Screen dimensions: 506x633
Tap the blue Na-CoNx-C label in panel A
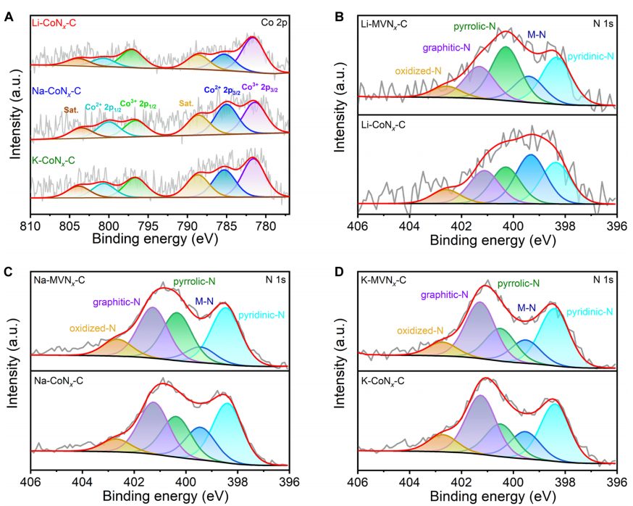tap(57, 91)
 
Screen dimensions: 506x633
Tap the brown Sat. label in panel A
tap(71, 109)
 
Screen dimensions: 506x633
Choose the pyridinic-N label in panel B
tap(590, 56)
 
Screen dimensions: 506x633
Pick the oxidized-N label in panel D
tap(419, 331)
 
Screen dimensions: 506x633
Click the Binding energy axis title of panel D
tap(487, 497)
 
